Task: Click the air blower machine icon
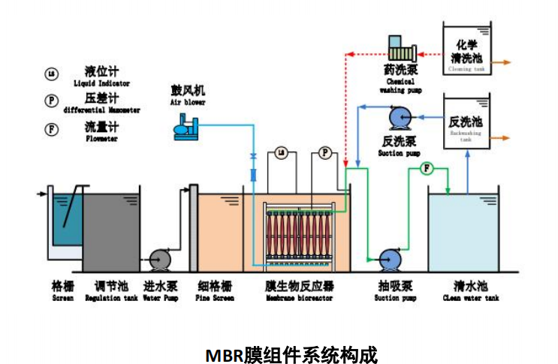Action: [185, 128]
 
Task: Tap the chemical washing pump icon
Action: [400, 53]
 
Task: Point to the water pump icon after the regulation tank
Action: [159, 259]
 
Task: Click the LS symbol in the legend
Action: [52, 73]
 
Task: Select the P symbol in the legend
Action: [52, 101]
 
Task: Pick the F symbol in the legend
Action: [52, 129]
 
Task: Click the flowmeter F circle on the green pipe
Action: [427, 168]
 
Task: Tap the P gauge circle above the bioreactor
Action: [325, 153]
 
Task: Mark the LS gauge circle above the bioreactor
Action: [281, 153]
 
